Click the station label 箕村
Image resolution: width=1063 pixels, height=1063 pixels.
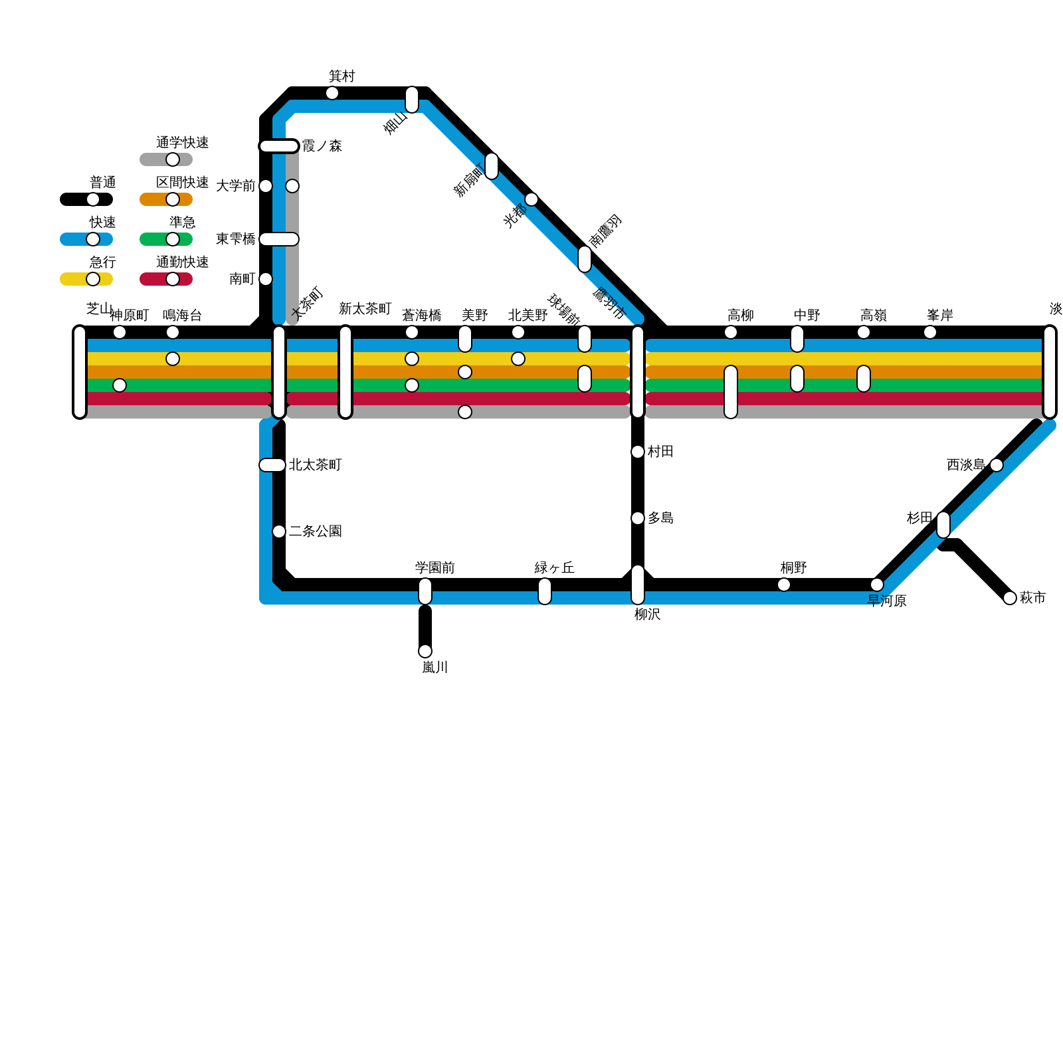[x=341, y=76]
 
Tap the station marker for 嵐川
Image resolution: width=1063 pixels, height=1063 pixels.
[x=425, y=651]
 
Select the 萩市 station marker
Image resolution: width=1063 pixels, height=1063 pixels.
[x=1010, y=598]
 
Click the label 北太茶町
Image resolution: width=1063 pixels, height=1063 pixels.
[x=315, y=465]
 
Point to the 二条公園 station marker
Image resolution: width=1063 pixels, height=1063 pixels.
[x=279, y=531]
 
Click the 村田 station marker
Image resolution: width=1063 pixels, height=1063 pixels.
[x=638, y=452]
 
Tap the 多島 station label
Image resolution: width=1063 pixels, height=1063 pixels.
[x=660, y=518]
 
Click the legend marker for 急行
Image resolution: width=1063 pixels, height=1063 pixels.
[x=93, y=279]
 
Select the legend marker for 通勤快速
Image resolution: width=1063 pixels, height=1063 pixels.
[x=173, y=279]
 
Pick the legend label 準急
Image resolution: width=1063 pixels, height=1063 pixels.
[x=182, y=223]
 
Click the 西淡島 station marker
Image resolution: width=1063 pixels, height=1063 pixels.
[x=997, y=465]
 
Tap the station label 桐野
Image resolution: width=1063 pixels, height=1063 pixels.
[x=793, y=568]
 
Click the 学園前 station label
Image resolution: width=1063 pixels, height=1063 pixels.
[x=435, y=568]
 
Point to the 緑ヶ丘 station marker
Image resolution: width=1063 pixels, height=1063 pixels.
[x=545, y=591]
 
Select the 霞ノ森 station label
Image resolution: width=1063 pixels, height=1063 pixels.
[x=322, y=146]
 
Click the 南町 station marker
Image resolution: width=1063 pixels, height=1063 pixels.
[x=266, y=279]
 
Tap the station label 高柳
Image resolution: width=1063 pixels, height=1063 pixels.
[x=740, y=316]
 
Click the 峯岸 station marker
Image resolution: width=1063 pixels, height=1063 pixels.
[x=930, y=332]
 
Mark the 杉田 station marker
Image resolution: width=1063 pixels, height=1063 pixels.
[x=943, y=525]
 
